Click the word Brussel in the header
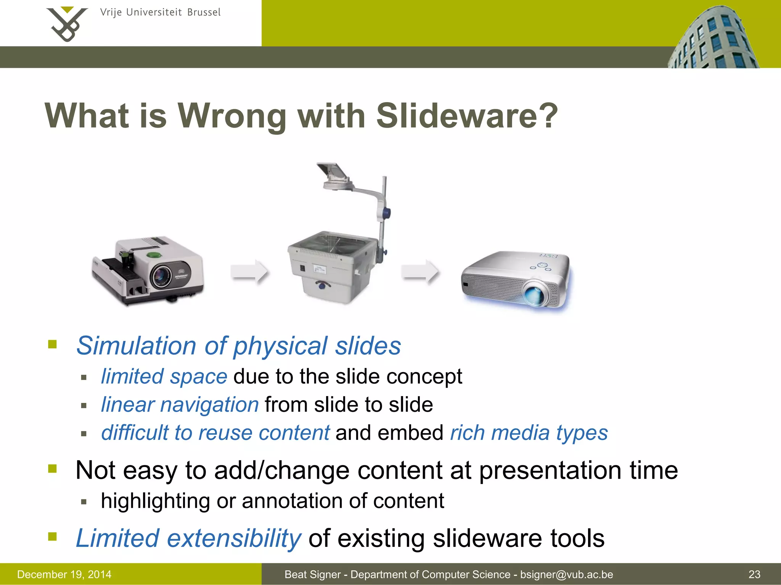204,13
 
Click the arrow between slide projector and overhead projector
250,272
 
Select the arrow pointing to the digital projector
420,272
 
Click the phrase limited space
164,377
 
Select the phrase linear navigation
180,404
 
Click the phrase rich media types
529,433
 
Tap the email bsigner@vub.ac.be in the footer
566,574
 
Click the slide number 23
754,574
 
